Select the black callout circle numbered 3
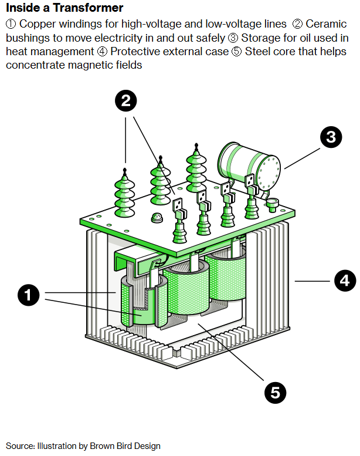point(331,137)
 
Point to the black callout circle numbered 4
point(345,280)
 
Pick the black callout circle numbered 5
point(275,392)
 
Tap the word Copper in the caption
point(38,25)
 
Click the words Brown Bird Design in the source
point(124,446)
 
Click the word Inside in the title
point(20,8)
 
